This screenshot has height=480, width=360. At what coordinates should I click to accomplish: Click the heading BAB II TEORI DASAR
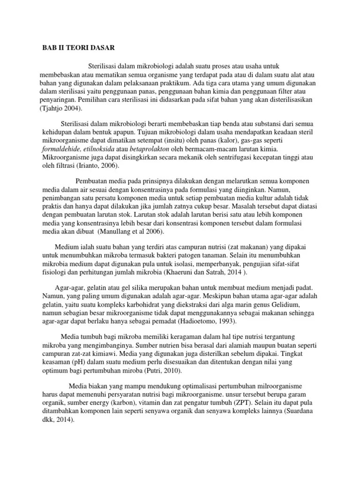(x=75, y=48)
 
